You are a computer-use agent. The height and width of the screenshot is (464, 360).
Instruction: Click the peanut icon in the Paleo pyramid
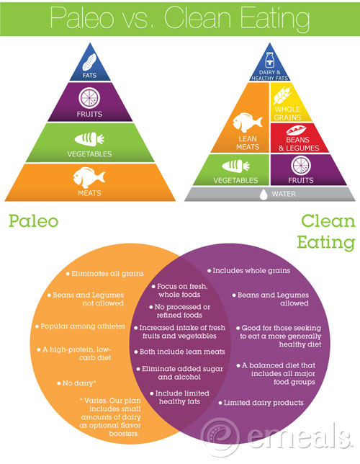(x=89, y=62)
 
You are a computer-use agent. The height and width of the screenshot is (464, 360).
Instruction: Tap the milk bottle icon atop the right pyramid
(x=269, y=60)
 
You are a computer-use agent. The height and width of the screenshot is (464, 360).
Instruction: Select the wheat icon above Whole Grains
(x=282, y=94)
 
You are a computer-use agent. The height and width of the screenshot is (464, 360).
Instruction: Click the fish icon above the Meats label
(x=89, y=177)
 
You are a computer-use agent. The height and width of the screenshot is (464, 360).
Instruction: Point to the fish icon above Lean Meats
(x=247, y=122)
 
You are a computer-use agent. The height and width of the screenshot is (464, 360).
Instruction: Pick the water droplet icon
(x=264, y=195)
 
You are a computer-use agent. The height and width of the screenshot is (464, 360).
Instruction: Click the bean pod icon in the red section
(x=296, y=130)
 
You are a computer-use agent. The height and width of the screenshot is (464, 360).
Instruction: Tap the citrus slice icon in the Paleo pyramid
(x=89, y=98)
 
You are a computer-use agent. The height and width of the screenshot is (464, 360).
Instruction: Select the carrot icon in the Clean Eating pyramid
(x=235, y=166)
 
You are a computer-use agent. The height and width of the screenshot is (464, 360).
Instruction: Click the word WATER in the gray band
(x=284, y=194)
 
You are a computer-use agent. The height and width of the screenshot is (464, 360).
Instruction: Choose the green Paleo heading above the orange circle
(x=33, y=221)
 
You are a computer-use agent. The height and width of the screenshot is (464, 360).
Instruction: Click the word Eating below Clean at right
(x=326, y=243)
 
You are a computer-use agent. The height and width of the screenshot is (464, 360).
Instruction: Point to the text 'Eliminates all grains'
(x=107, y=274)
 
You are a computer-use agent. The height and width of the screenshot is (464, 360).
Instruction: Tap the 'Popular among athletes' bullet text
(x=83, y=326)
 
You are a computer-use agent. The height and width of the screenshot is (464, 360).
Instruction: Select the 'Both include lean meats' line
(x=182, y=352)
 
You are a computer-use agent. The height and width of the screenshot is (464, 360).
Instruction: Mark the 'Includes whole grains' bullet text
(x=251, y=270)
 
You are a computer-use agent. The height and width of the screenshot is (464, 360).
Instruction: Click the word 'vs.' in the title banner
(x=137, y=18)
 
